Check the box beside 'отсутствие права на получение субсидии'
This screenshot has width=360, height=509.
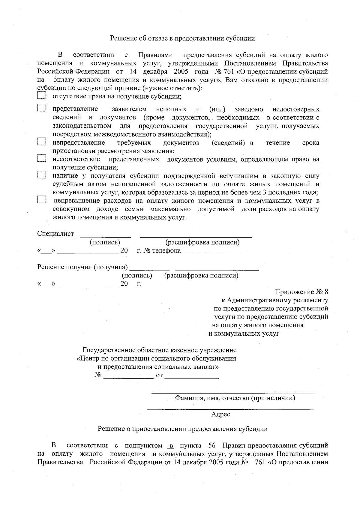tap(42, 96)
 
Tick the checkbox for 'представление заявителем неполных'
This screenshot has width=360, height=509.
tap(42, 108)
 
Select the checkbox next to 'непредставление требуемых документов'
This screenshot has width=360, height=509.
tap(42, 142)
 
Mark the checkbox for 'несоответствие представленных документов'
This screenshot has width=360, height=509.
tap(42, 158)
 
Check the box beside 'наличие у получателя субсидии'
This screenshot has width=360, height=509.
tap(42, 175)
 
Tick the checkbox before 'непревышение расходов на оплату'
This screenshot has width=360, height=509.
tap(42, 200)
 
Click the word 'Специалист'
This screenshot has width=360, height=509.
tap(55, 234)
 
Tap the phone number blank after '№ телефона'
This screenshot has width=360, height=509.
tap(211, 251)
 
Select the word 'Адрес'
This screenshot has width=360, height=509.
tap(220, 415)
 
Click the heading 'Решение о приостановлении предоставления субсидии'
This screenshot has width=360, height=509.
tap(183, 429)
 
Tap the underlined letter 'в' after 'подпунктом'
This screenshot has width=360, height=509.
tap(172, 445)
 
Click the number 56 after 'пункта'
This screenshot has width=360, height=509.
tap(212, 445)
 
